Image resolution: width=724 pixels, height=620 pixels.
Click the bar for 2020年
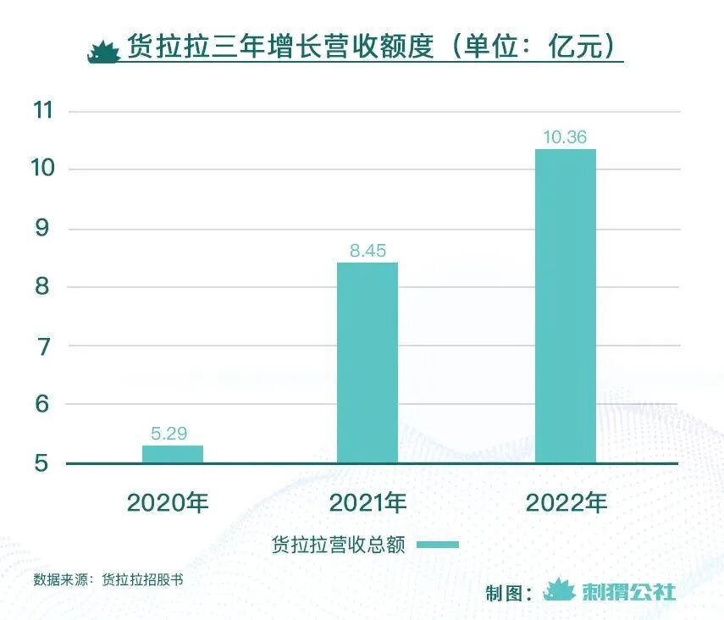[173, 454]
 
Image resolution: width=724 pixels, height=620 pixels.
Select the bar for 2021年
[368, 363]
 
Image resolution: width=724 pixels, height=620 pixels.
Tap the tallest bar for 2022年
[566, 306]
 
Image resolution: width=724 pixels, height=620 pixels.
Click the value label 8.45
[368, 252]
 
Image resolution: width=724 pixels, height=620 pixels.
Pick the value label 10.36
[566, 137]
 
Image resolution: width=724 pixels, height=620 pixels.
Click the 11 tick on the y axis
[42, 111]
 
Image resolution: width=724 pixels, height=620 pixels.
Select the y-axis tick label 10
[42, 169]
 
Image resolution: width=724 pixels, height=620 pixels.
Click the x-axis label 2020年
[168, 502]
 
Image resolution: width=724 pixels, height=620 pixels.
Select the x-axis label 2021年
[368, 502]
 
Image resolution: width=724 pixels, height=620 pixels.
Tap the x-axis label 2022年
[566, 502]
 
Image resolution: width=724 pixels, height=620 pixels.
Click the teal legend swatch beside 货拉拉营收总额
[438, 545]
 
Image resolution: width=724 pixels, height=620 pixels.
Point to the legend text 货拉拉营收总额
[339, 545]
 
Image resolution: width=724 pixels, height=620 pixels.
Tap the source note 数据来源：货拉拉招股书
[108, 580]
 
